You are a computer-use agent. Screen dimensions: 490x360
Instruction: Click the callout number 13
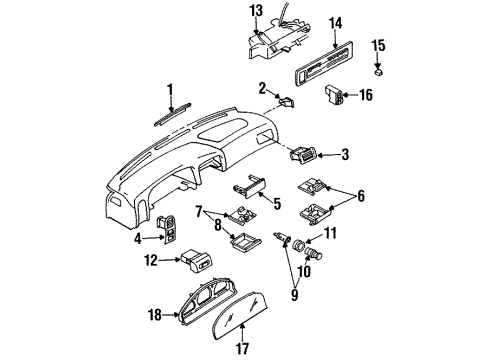257,11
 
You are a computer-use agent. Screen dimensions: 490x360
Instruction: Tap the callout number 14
335,24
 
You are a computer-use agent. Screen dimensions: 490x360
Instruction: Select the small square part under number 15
378,72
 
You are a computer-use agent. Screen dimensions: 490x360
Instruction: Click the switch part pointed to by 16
333,94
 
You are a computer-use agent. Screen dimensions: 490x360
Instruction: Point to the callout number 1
171,90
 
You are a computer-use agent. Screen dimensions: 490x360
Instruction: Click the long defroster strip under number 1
173,115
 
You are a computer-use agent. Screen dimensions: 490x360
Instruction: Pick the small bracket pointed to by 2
286,102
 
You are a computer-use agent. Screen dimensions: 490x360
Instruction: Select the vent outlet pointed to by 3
303,154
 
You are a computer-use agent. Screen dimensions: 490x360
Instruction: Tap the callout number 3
345,154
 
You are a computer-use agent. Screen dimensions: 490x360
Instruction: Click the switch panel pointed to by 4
168,229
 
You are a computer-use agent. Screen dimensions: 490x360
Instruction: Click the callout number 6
361,196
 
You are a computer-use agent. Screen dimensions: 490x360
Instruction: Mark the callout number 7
199,211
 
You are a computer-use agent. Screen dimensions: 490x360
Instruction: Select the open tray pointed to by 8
246,241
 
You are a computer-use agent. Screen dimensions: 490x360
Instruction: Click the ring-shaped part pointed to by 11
298,245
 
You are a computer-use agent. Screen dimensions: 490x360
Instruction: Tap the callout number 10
304,271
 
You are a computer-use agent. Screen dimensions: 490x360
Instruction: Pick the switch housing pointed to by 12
197,261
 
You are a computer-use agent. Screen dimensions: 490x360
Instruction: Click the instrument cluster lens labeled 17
240,315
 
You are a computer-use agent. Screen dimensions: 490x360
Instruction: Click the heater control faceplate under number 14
324,63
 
